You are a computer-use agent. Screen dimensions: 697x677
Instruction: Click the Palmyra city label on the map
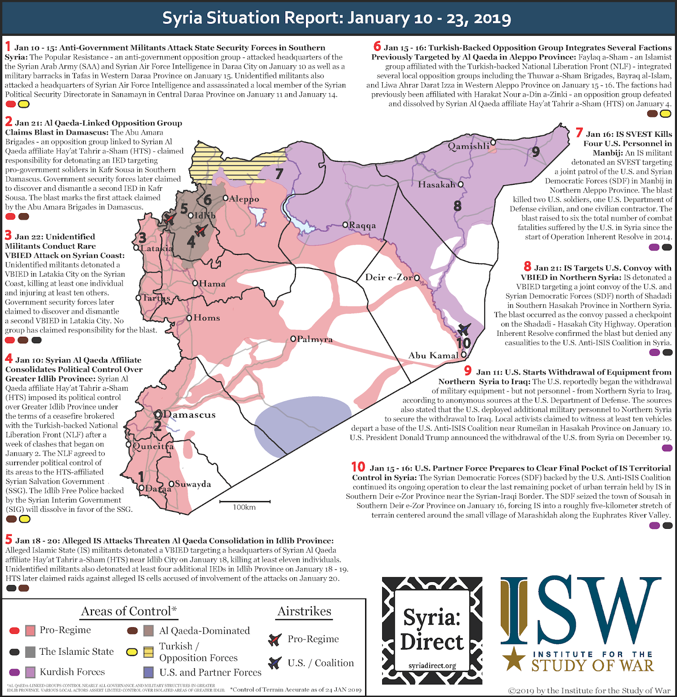tap(315, 339)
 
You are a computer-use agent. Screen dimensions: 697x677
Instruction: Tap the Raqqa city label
tap(362, 225)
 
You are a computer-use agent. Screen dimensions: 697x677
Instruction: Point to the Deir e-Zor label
tap(389, 277)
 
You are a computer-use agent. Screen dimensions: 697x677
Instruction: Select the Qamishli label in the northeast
tap(468, 146)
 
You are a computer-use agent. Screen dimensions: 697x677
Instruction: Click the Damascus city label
tap(189, 415)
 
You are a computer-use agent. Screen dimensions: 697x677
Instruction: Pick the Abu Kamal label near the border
tap(433, 355)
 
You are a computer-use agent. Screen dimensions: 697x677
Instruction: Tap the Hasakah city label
tap(437, 185)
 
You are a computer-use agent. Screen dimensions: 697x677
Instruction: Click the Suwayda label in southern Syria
tap(193, 484)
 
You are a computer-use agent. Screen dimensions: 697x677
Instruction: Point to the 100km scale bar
tap(245, 503)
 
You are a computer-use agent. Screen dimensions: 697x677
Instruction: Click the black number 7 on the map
tap(279, 174)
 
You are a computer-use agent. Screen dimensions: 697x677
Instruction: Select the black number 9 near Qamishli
tap(536, 152)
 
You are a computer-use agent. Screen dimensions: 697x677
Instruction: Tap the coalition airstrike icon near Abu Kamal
tap(464, 329)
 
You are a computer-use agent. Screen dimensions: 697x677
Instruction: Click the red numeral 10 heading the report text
tap(358, 467)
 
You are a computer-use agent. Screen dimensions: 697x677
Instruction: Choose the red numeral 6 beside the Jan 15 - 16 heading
tap(377, 46)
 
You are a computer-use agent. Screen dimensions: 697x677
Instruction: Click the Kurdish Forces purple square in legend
tap(31, 672)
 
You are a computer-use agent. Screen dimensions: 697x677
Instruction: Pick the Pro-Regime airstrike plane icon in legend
tap(274, 639)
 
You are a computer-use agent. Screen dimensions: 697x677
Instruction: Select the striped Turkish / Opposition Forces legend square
tap(148, 652)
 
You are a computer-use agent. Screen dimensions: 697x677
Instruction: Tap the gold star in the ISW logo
tap(514, 658)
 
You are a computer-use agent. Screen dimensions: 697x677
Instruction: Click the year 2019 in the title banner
tap(492, 18)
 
